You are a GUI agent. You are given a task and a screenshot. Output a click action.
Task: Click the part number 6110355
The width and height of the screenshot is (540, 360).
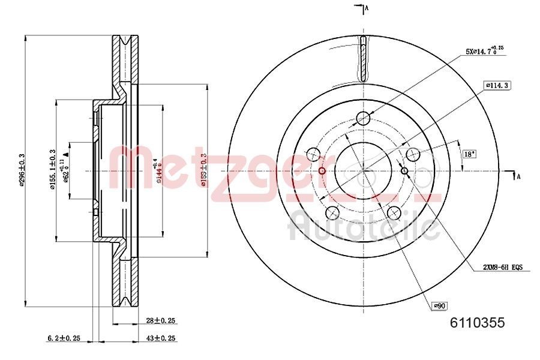tap(477, 323)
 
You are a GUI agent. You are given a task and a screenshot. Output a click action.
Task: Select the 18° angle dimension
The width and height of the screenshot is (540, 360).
tap(469, 154)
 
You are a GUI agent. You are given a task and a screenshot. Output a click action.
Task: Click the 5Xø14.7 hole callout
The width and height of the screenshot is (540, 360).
tap(485, 52)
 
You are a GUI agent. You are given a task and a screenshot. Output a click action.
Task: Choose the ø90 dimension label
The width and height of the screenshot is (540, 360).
tap(440, 306)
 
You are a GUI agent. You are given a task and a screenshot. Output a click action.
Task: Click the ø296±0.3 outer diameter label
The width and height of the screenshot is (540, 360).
tap(22, 170)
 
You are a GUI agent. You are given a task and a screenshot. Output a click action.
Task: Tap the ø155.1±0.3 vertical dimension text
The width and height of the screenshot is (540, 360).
tap(53, 170)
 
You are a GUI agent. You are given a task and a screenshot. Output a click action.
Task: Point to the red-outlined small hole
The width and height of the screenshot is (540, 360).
tap(322, 172)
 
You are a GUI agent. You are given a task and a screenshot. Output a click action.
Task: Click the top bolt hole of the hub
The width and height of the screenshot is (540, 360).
tap(363, 118)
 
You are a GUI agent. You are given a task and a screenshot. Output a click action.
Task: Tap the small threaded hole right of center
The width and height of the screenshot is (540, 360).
tap(404, 172)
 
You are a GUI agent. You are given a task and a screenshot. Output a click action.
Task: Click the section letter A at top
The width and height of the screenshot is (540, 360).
tap(366, 7)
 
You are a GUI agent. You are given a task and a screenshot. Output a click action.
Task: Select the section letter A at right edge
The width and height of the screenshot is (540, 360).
tap(518, 176)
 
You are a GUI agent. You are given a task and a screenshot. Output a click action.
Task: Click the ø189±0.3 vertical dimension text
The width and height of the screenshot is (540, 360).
tap(204, 170)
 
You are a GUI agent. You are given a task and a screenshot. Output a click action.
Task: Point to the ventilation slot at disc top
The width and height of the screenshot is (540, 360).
tap(363, 60)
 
